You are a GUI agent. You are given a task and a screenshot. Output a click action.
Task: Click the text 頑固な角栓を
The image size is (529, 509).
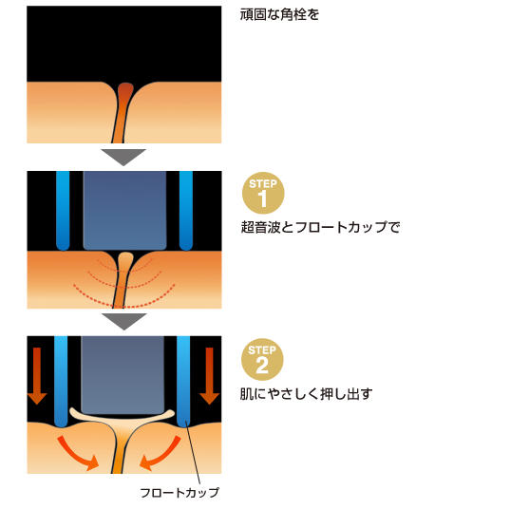(x=279, y=14)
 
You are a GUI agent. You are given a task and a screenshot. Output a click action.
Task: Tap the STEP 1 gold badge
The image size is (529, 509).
(x=263, y=193)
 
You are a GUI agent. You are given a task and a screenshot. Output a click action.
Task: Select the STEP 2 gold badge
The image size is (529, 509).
(x=262, y=360)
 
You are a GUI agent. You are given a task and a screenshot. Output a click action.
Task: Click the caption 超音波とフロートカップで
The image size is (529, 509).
(x=320, y=227)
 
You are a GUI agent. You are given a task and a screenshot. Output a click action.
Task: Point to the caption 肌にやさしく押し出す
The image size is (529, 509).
(x=307, y=394)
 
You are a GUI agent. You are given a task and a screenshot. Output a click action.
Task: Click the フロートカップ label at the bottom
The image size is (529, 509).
(x=179, y=493)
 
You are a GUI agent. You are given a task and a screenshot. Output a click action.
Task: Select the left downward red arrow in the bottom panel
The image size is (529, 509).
(x=37, y=376)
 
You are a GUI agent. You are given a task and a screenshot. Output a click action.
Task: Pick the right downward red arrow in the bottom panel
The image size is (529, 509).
(x=210, y=376)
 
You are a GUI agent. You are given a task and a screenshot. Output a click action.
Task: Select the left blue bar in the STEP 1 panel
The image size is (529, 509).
(x=63, y=211)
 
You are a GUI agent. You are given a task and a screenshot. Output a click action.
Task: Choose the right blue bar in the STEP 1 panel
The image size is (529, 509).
(x=186, y=211)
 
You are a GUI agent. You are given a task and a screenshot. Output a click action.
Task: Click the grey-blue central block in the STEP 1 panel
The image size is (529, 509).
(x=124, y=210)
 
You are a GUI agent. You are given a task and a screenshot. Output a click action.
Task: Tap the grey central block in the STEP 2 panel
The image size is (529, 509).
(x=123, y=375)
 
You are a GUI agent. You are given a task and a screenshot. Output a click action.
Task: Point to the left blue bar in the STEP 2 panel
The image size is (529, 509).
(x=61, y=381)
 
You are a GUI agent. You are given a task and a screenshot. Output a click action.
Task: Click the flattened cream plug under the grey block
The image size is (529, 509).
(x=123, y=418)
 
